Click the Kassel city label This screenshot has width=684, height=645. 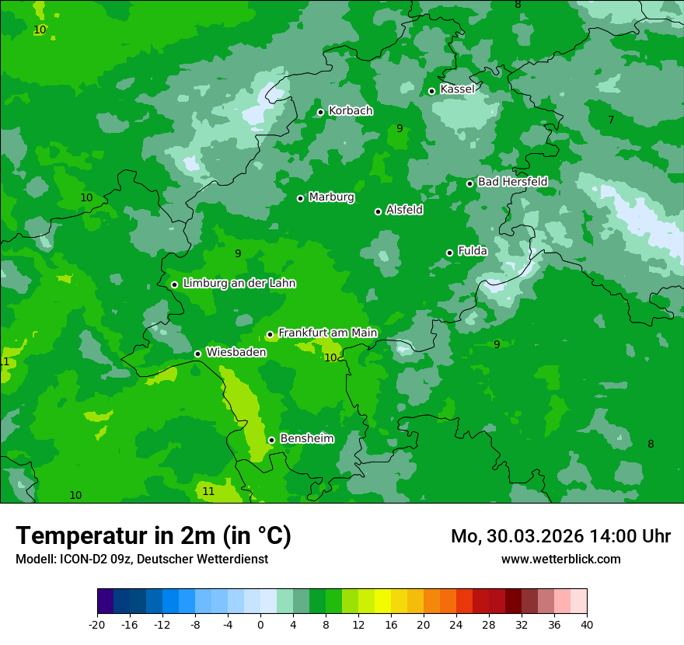coord(457,89)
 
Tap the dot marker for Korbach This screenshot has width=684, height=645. coord(320,112)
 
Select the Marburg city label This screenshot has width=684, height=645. coord(331,197)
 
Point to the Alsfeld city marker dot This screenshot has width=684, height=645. coord(378,211)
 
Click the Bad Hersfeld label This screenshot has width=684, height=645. coord(512,182)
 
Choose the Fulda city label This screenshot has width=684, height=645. coord(473,251)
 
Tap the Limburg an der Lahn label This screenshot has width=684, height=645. coord(239,284)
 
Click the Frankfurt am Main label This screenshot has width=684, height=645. coord(327,333)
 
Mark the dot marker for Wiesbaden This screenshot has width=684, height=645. coord(197,354)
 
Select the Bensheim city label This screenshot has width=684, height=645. coord(306,438)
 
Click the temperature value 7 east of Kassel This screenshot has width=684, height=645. coord(611,120)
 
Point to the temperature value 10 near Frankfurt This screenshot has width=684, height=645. coord(330,357)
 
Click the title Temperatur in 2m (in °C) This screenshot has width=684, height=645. coord(153,535)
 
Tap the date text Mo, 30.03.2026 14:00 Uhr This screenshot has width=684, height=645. coord(560,536)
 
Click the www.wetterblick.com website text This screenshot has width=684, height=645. coord(560,559)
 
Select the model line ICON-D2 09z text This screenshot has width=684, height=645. coord(141,559)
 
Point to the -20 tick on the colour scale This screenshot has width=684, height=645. coord(97,624)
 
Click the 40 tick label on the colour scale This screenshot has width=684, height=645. coord(587,624)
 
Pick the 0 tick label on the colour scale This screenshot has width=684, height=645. coord(260,624)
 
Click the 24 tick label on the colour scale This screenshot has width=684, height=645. coord(456,624)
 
